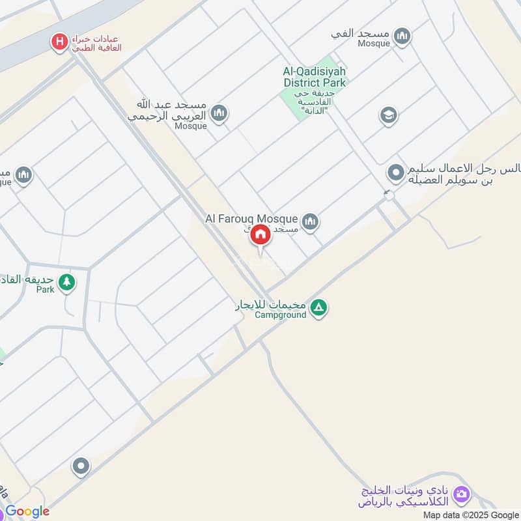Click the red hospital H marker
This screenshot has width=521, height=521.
point(60,42)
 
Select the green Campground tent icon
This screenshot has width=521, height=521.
point(318,307)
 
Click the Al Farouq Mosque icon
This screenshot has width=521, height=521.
point(310,221)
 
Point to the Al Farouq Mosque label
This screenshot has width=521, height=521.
point(251,219)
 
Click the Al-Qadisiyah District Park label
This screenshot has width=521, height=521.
point(315,77)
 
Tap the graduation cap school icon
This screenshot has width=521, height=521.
point(388,116)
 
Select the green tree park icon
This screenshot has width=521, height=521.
point(66,282)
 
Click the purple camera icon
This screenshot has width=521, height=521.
point(461,494)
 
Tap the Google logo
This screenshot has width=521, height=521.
point(27,511)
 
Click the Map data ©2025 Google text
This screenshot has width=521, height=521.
point(476,514)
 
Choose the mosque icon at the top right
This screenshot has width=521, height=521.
point(402,36)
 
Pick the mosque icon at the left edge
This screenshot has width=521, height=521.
point(23,175)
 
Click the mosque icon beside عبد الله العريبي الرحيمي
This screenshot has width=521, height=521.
point(219,113)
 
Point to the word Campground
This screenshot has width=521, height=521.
point(280,315)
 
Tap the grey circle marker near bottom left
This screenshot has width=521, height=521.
point(81,466)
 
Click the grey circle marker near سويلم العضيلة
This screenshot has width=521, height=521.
point(395,173)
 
